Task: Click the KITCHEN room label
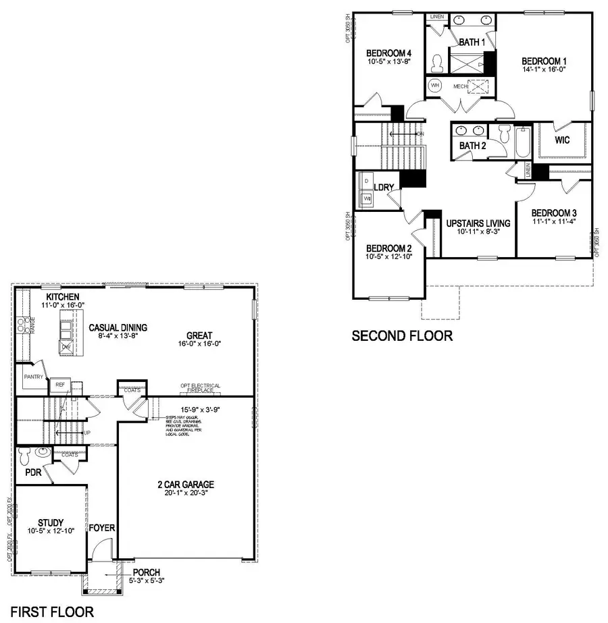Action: (x=63, y=297)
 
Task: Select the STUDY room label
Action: (x=51, y=522)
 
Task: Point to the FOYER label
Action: (x=101, y=527)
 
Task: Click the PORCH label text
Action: (x=146, y=572)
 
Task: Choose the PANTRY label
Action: (x=34, y=377)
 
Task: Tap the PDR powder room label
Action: (x=33, y=473)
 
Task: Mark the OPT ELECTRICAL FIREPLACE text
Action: (x=200, y=389)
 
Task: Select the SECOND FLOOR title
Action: (x=402, y=335)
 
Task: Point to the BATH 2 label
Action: (x=472, y=146)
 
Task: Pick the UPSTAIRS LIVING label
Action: (x=478, y=223)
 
